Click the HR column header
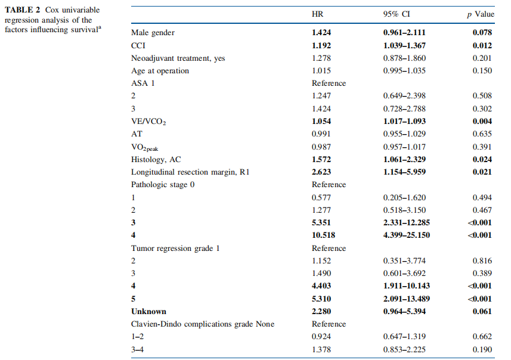[x=317, y=14]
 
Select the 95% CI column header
[x=397, y=14]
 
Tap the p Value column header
[x=481, y=14]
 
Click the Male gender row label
[x=153, y=33]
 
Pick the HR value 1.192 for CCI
[x=321, y=45]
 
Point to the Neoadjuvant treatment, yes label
[x=178, y=58]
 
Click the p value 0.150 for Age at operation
[x=482, y=71]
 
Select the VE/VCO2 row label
[x=148, y=122]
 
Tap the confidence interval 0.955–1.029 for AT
[x=404, y=134]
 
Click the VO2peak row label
[x=144, y=147]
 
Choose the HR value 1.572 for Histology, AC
[x=321, y=159]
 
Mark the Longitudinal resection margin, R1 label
[x=190, y=172]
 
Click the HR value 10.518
[x=323, y=235]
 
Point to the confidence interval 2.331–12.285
[x=407, y=222]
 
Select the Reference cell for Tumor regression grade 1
[x=329, y=249]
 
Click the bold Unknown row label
[x=148, y=312]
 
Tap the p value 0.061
[x=482, y=312]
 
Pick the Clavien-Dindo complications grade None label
[x=202, y=324]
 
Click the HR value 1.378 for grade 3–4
[x=321, y=350]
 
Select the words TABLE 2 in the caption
[x=22, y=10]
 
